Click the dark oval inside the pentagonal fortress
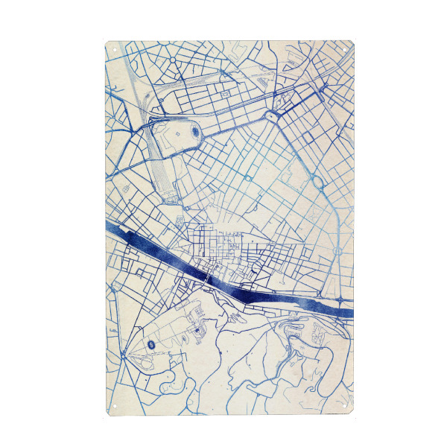pos(196,133)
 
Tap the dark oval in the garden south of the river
pos(151,344)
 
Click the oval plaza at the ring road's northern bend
pos(270,116)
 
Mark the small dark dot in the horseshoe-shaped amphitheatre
pos(197,329)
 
